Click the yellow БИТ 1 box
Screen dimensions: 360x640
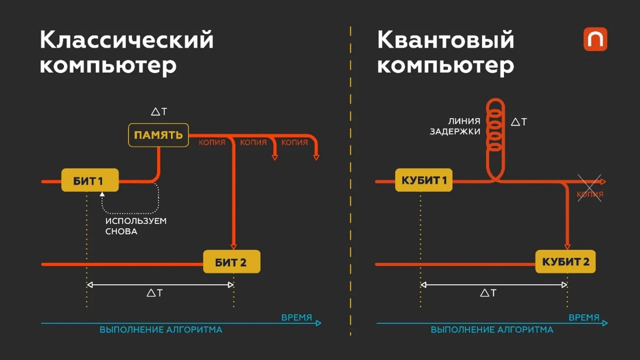pos(90,181)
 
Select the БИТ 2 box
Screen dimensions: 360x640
pos(231,262)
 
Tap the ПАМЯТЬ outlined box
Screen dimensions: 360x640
pos(158,135)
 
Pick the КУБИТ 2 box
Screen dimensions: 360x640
pos(566,262)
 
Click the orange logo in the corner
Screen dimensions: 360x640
pos(595,39)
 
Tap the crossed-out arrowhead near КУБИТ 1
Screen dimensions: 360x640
pos(602,182)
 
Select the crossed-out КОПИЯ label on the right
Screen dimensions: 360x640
pos(590,195)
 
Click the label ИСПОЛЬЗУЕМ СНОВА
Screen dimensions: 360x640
pos(135,226)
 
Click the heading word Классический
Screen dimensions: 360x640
pos(126,40)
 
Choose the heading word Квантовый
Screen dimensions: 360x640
pos(446,40)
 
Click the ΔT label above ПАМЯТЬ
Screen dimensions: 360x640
pos(158,112)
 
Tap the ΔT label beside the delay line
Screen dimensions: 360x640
pos(519,122)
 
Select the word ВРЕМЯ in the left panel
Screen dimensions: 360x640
pos(297,317)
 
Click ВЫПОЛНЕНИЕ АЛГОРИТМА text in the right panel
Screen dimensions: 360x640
pos(492,330)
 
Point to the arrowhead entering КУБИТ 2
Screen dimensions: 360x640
pos(567,246)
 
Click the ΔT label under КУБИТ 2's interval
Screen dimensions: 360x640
pos(489,293)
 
